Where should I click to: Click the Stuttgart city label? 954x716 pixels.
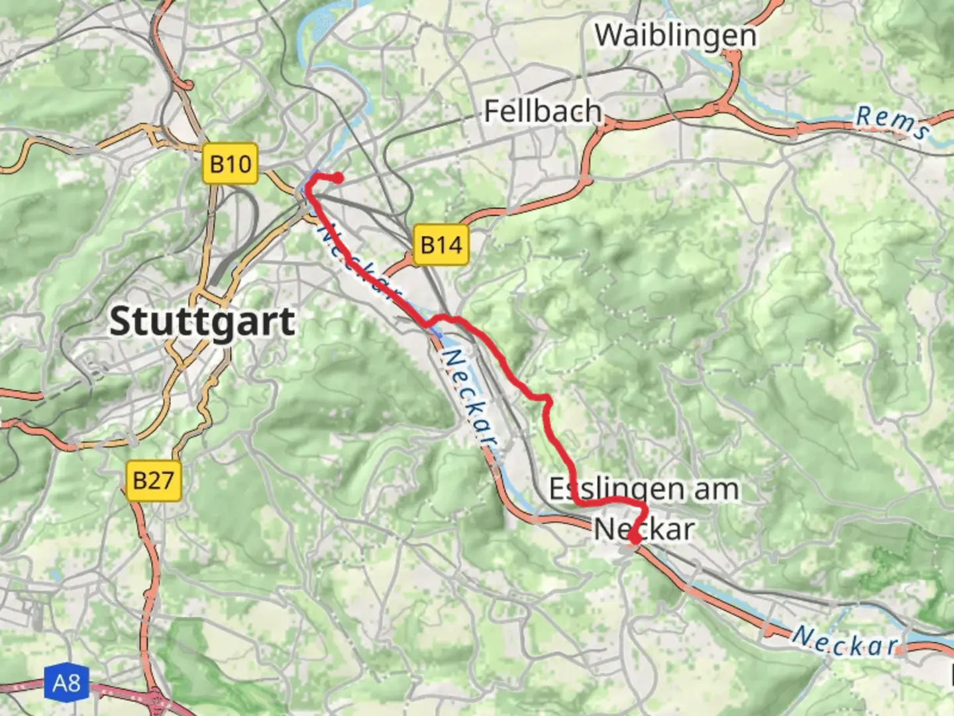(202, 322)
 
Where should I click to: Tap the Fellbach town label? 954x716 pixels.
(543, 111)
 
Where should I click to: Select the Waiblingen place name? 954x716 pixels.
(675, 35)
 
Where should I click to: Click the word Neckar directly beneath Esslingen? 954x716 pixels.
(644, 529)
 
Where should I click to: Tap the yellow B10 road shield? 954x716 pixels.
(231, 163)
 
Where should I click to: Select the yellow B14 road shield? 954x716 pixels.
(441, 245)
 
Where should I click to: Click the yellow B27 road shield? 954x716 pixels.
(153, 480)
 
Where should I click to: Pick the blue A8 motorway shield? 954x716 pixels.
(66, 682)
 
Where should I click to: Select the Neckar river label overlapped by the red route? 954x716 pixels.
(358, 263)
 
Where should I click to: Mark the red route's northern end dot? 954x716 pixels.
(338, 178)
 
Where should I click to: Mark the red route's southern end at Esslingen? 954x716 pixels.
(634, 540)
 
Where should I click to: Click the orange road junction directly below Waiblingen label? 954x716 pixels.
(732, 60)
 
